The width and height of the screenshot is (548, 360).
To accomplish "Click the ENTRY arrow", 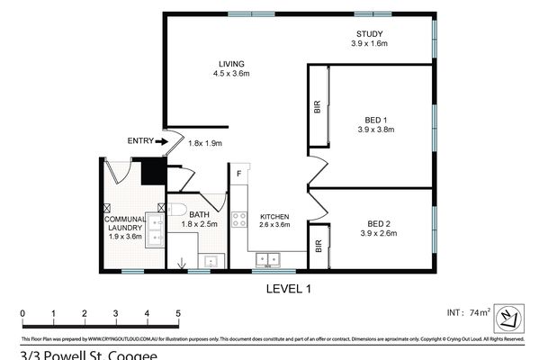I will point(160,141).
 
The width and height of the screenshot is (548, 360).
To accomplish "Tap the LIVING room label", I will point(231,63).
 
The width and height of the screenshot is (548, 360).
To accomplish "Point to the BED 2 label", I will point(376,225).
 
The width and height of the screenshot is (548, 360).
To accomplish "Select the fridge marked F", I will point(238,173).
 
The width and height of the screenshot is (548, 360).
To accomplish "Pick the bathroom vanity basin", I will point(212,262).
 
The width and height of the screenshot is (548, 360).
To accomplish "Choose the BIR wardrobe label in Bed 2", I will point(318,244).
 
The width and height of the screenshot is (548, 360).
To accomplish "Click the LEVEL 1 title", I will point(290,288).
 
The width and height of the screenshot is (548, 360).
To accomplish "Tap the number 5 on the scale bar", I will point(178,314).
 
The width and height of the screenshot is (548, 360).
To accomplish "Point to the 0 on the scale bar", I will point(22,314).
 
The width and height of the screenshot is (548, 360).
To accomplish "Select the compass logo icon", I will point(508,315).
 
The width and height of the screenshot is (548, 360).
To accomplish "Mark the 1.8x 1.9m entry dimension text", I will point(204,143).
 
